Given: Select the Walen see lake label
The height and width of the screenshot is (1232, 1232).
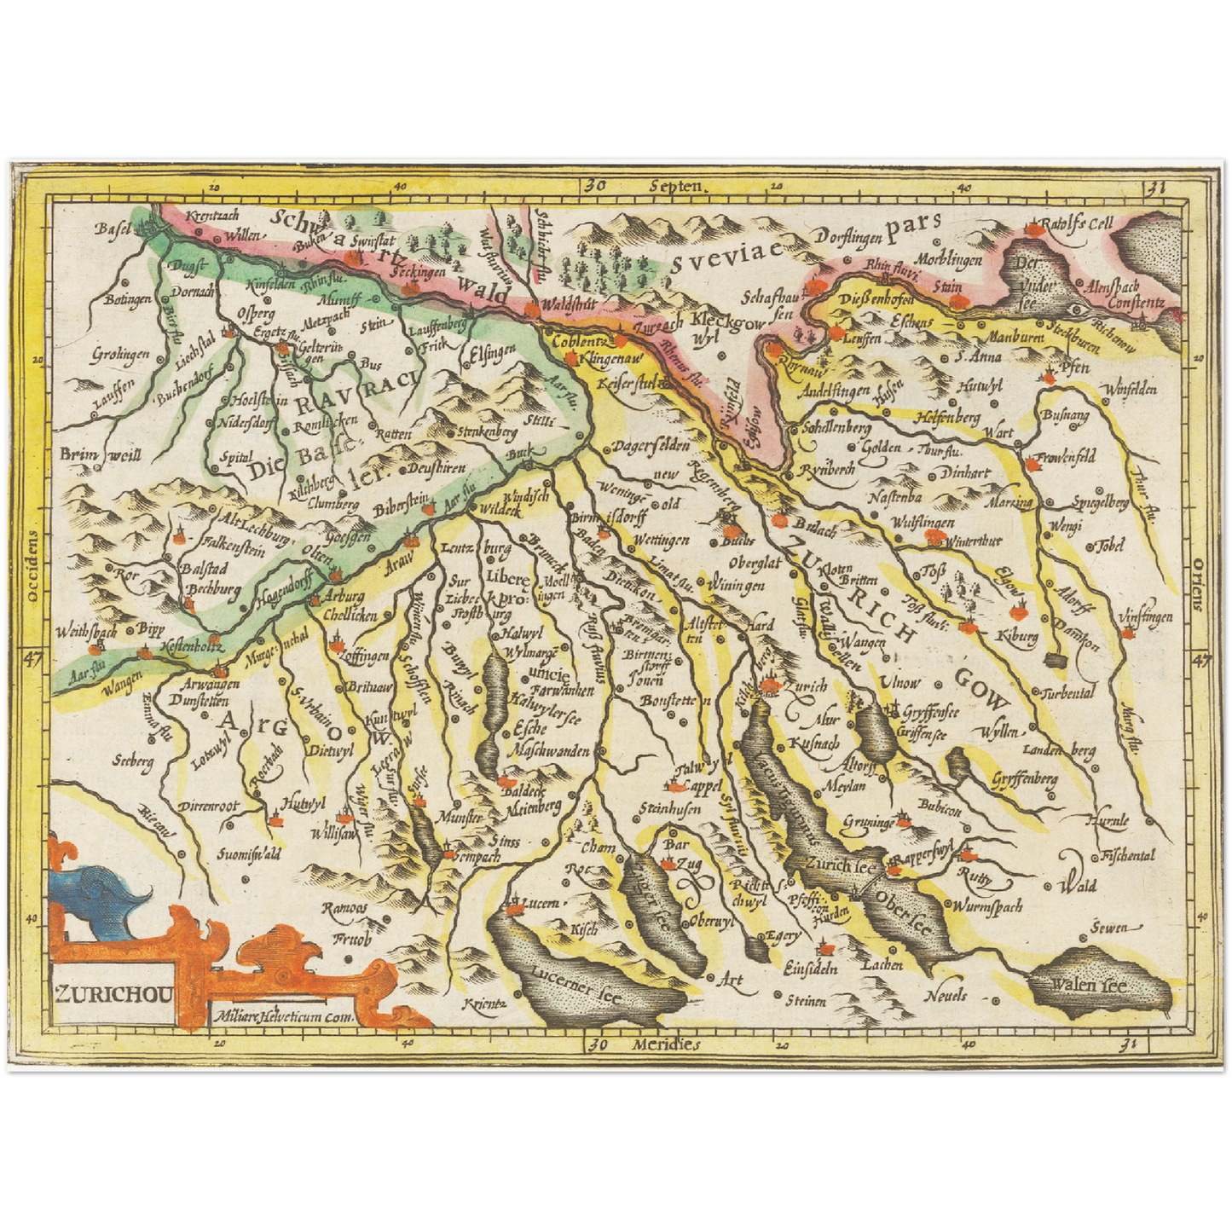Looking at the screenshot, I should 1088,986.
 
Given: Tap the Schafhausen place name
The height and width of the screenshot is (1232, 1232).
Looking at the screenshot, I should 772,305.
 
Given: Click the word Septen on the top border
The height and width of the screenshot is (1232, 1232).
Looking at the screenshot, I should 674,185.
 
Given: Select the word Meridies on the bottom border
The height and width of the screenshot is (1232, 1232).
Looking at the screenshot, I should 666,1044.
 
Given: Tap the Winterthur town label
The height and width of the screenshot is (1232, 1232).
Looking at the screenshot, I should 971,540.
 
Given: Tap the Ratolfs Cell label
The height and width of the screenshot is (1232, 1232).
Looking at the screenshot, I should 1080,224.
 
